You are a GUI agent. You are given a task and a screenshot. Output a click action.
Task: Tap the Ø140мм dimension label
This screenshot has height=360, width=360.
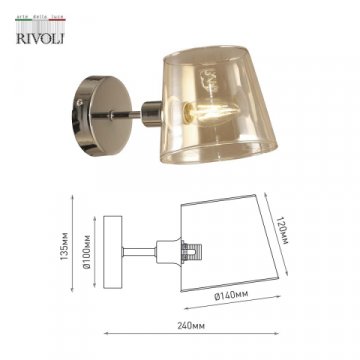tap(233, 298)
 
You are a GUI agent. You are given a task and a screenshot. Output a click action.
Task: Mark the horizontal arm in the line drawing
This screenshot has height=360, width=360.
tap(145, 244)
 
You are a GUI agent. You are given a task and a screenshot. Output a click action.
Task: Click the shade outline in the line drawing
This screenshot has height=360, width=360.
tap(230, 245)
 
